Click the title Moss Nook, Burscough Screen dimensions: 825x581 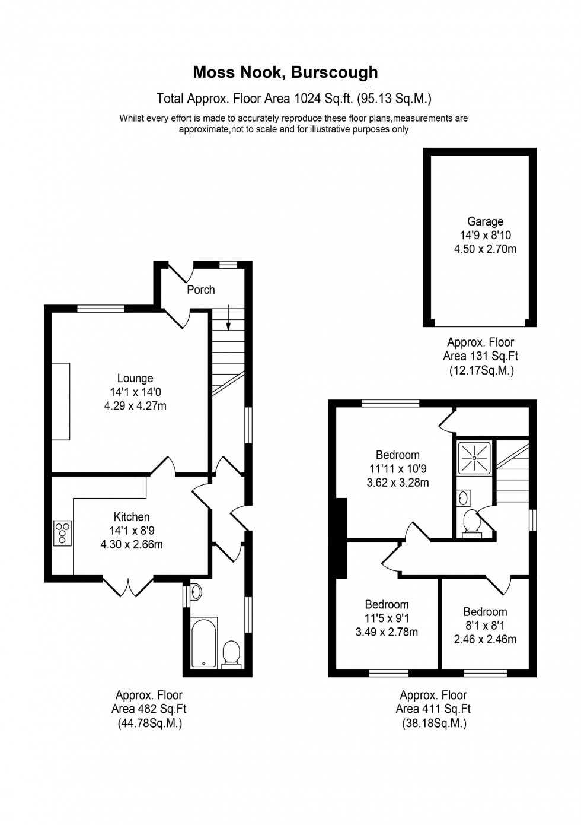pos(285,72)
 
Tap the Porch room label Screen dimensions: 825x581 pos(201,290)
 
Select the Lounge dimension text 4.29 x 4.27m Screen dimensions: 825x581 pos(135,406)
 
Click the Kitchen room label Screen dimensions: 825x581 pos(132,517)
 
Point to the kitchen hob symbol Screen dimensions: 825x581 pos(62,532)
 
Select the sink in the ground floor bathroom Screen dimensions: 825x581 pos(196,591)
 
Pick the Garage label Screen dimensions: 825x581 pos(485,222)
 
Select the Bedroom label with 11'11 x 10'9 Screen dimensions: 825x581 pos(397,455)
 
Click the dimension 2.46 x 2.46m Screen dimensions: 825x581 pos(485,639)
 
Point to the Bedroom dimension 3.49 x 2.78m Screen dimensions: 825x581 pos(387,632)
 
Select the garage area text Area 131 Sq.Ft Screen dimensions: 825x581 pos(481,356)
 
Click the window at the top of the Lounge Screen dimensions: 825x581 pos(101,308)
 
